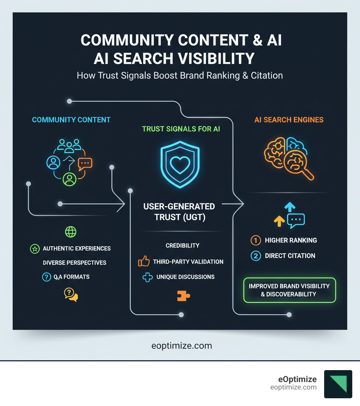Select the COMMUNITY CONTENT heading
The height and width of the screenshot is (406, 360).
click(x=71, y=120)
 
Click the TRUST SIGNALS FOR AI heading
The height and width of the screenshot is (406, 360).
click(x=181, y=129)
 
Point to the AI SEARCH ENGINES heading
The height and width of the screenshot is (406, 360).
click(x=289, y=120)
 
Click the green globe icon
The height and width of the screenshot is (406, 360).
click(x=71, y=231)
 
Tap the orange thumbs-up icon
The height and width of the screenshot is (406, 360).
click(x=144, y=261)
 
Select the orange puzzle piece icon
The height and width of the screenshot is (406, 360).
click(x=183, y=296)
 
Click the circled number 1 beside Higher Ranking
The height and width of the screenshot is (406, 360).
click(x=255, y=240)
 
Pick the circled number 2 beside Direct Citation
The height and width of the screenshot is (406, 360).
click(x=255, y=256)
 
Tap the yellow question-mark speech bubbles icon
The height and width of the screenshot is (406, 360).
click(x=71, y=294)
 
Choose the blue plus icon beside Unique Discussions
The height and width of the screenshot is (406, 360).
click(x=147, y=277)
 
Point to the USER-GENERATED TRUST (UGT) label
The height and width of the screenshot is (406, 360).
click(x=179, y=211)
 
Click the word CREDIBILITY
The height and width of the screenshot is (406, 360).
click(x=182, y=246)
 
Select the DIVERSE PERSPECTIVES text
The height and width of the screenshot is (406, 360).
click(x=75, y=263)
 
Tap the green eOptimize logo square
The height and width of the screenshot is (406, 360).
click(x=338, y=384)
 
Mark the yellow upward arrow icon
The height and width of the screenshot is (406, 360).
click(x=279, y=221)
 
